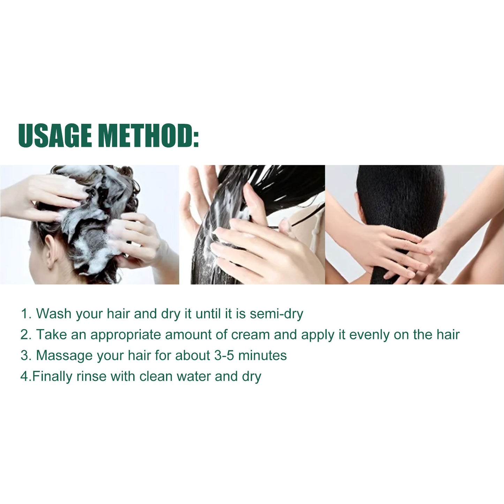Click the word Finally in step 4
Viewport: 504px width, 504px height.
tap(52, 377)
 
